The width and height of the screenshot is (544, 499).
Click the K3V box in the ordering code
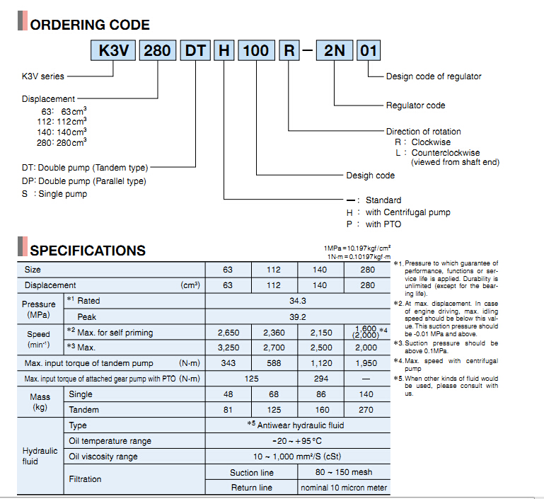(113, 51)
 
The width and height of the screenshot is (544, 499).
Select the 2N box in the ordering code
(335, 51)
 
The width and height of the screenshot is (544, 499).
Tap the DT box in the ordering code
(195, 51)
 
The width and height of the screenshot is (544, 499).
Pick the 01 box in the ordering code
(369, 51)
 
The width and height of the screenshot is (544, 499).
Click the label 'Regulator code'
(416, 105)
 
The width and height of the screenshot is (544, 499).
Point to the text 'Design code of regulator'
(434, 76)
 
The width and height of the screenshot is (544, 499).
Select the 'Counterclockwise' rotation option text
(446, 153)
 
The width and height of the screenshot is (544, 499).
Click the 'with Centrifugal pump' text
(408, 212)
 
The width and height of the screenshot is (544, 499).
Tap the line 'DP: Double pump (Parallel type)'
(84, 181)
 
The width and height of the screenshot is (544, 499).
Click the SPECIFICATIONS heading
(88, 251)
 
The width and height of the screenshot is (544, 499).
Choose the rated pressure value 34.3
(298, 301)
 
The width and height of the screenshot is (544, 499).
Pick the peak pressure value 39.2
(298, 317)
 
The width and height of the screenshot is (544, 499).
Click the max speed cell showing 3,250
(228, 348)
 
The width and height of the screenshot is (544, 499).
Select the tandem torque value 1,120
(321, 363)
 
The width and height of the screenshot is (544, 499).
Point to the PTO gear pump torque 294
(321, 379)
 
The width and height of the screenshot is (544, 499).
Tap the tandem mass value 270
(366, 410)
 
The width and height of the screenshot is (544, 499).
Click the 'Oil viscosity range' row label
(103, 457)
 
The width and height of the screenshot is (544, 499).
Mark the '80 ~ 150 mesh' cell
(344, 472)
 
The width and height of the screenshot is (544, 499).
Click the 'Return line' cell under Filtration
(252, 488)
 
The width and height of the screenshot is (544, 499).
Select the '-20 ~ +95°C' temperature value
(297, 441)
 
